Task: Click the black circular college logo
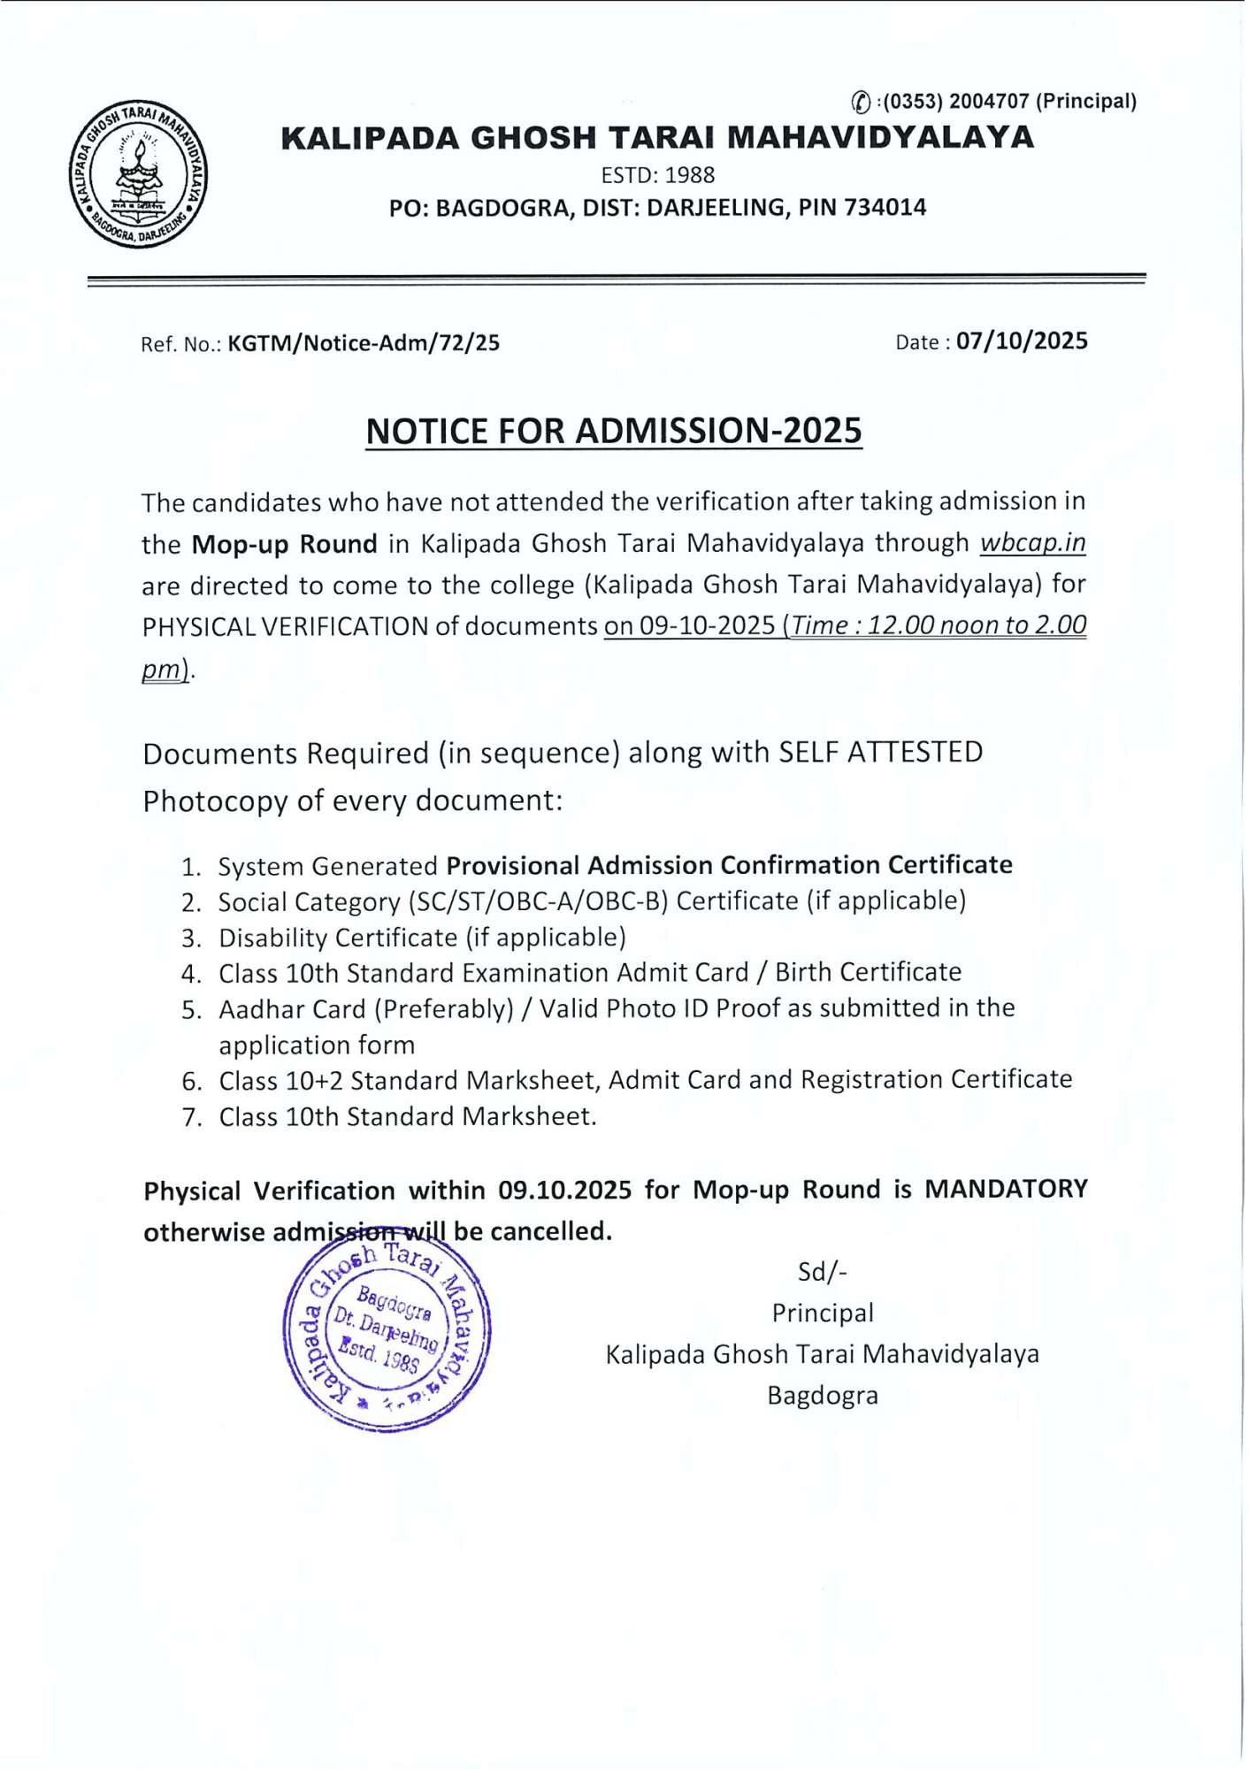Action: [x=139, y=173]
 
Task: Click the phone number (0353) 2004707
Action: [x=957, y=102]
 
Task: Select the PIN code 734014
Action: [x=885, y=208]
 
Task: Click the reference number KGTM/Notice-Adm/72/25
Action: [x=364, y=343]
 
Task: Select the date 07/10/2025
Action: [x=1022, y=341]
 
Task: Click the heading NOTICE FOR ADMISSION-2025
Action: [x=614, y=431]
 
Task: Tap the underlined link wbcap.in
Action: [x=1032, y=542]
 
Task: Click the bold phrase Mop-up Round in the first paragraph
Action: [x=284, y=544]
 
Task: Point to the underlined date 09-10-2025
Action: [x=707, y=626]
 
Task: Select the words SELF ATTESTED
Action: [x=880, y=753]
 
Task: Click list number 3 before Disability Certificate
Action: [x=191, y=938]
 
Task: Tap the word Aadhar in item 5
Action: [x=256, y=1010]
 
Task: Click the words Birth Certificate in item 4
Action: [x=868, y=973]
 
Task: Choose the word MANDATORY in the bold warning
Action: [x=1006, y=1189]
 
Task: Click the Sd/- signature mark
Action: [x=822, y=1272]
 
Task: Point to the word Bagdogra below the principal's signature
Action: [x=822, y=1396]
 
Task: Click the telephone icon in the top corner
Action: [x=861, y=103]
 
